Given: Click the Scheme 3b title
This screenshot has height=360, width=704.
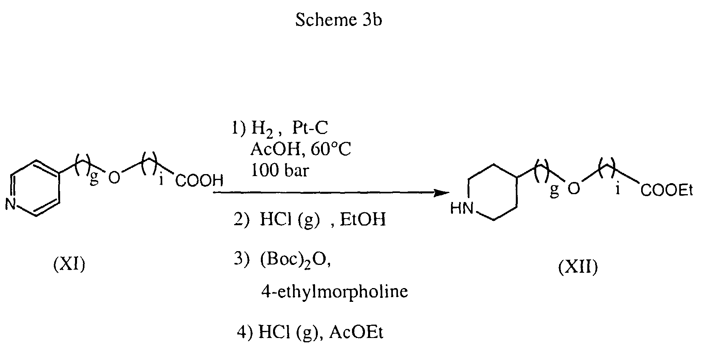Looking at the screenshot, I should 338,20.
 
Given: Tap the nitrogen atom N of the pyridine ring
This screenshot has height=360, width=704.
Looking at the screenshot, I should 11,204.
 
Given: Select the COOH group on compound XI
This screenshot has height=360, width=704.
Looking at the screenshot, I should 199,181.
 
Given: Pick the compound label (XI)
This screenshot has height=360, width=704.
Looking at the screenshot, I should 69,265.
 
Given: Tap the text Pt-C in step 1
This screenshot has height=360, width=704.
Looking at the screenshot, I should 310,128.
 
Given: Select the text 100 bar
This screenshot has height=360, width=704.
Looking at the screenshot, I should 280,171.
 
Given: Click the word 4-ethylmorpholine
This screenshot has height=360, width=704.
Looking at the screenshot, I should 334,292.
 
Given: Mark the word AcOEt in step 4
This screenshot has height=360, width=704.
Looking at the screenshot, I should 356,333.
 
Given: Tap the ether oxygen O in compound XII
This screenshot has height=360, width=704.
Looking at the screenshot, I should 574,189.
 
